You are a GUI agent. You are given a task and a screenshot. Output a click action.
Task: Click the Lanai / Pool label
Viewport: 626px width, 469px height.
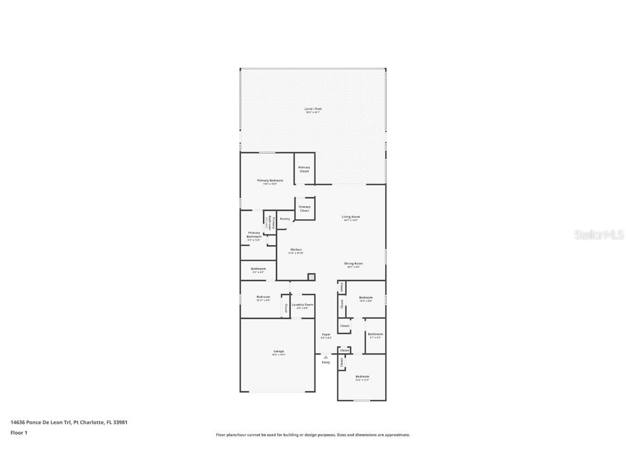(x=313, y=109)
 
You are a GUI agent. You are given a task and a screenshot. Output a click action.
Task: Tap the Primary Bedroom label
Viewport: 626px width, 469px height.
(x=270, y=180)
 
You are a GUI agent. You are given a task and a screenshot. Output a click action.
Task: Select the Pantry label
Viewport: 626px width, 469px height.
(x=285, y=219)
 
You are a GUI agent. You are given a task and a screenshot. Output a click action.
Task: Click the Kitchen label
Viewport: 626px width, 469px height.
(x=296, y=250)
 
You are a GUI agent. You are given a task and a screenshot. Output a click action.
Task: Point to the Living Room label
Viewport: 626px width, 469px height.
(x=350, y=217)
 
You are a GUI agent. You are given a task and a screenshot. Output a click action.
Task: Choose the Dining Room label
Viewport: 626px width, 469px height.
(x=353, y=264)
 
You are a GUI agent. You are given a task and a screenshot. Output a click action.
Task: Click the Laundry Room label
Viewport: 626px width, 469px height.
(x=302, y=305)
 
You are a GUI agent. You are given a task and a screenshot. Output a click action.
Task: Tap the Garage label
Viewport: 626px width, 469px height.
(x=278, y=352)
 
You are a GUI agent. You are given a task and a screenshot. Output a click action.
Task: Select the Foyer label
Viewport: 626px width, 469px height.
(x=326, y=335)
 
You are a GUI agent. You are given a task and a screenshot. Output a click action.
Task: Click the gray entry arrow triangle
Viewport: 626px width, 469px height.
(x=325, y=357)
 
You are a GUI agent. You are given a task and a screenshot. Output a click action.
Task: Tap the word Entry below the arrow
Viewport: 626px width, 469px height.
(x=325, y=363)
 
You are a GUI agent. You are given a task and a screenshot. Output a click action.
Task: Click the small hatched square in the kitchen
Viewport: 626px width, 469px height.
(x=311, y=277)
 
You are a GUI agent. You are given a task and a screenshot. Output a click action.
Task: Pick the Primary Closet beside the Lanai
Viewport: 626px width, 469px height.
(x=304, y=169)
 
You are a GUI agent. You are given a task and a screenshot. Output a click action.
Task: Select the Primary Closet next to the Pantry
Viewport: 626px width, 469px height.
(x=304, y=208)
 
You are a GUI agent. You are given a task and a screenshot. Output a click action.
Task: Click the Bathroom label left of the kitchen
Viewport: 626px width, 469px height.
(x=258, y=269)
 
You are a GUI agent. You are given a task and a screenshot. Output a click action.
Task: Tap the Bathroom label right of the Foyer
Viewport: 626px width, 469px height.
(x=375, y=334)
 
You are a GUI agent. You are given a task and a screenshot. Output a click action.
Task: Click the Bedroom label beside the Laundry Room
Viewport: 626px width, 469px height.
(x=263, y=297)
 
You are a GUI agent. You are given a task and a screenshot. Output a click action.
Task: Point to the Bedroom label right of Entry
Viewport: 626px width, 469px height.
(x=362, y=377)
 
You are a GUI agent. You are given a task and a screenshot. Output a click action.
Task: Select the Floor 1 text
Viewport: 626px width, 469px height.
(x=18, y=433)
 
